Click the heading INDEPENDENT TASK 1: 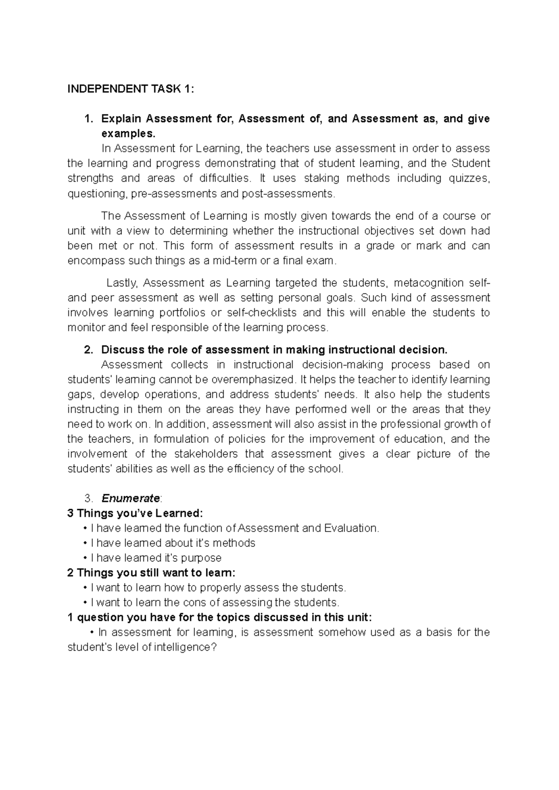[x=130, y=89]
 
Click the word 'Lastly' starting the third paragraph [x=122, y=283]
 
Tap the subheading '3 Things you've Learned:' [x=135, y=514]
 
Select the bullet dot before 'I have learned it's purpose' [x=85, y=558]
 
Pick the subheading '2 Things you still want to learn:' [x=151, y=573]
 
